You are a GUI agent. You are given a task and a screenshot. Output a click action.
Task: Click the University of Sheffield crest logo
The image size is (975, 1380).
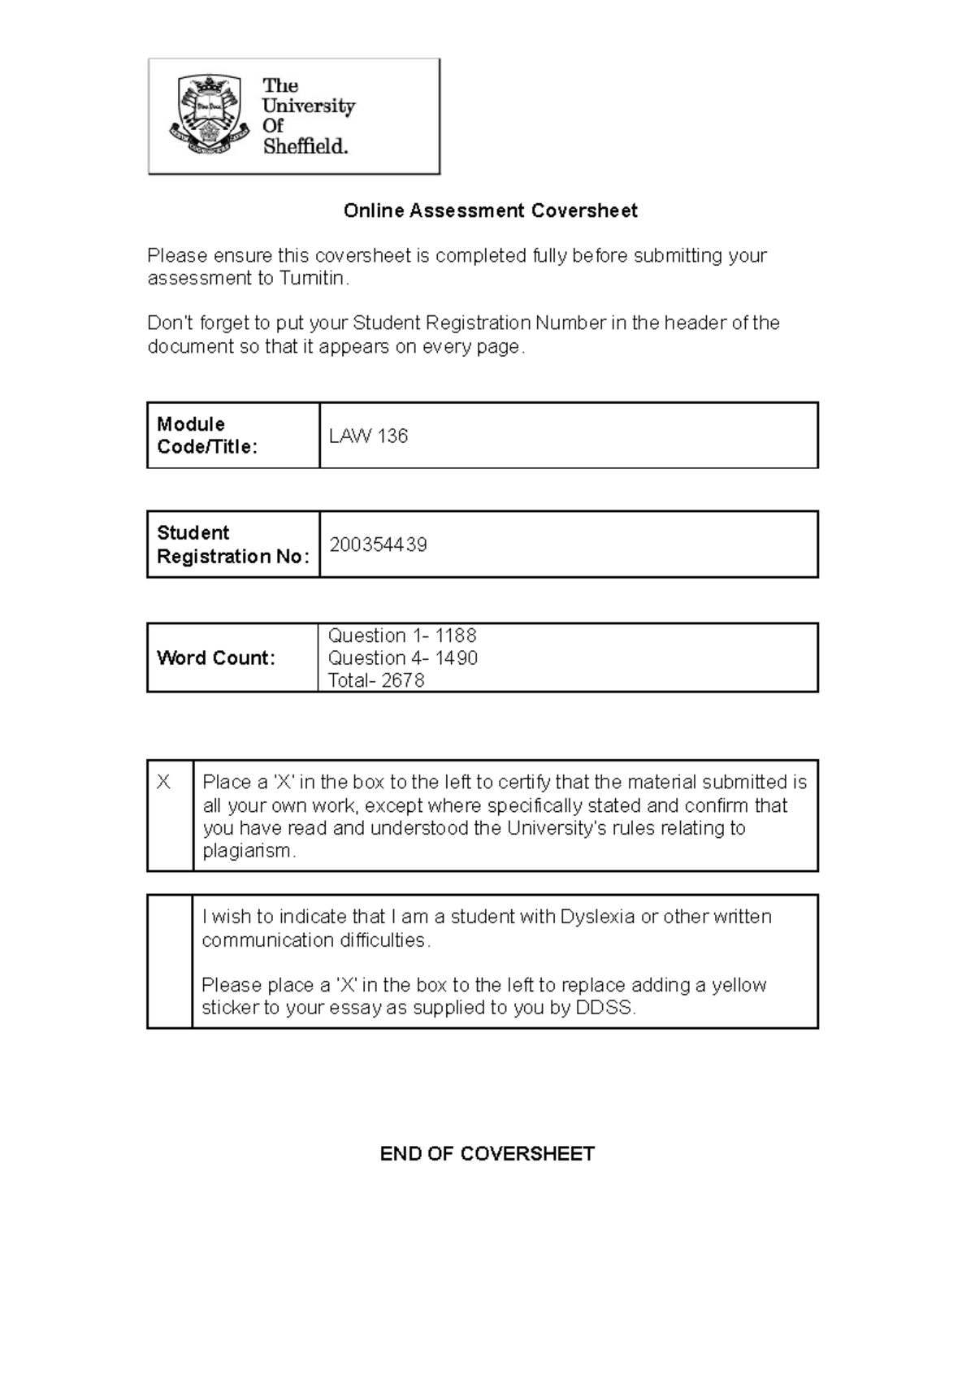(x=208, y=115)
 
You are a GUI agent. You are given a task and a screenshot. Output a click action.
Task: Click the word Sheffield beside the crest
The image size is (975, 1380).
(x=305, y=147)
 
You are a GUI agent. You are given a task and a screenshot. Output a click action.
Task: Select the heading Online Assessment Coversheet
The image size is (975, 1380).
(x=490, y=211)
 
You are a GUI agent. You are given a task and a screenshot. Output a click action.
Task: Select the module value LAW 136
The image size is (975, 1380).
(x=368, y=436)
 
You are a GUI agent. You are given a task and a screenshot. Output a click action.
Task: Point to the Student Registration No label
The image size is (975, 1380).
(x=232, y=545)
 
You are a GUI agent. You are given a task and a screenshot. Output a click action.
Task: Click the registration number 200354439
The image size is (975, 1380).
(x=378, y=545)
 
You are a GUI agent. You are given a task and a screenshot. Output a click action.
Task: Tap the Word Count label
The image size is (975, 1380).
(x=215, y=658)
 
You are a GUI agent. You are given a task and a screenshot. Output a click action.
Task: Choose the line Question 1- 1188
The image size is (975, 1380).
(x=401, y=636)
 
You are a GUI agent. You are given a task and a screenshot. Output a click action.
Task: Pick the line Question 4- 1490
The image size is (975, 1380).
(x=402, y=658)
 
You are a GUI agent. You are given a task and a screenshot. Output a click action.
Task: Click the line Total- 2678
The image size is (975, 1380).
(x=375, y=681)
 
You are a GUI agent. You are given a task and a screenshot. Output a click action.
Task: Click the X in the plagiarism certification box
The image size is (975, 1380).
(x=163, y=783)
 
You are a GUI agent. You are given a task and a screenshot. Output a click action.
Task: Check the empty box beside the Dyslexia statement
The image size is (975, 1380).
(x=169, y=962)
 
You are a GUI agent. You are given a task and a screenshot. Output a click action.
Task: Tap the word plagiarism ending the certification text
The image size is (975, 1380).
(x=248, y=852)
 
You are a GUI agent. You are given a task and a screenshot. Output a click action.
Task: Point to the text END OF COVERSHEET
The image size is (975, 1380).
(x=487, y=1154)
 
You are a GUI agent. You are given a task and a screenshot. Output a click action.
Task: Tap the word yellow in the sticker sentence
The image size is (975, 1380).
(x=739, y=986)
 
